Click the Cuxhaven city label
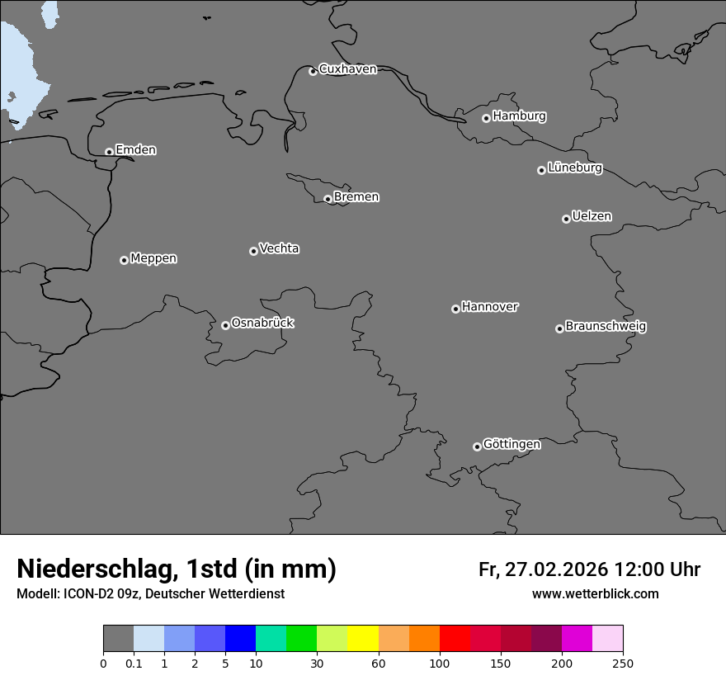[347, 69]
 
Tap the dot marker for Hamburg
[486, 118]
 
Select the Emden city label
[135, 150]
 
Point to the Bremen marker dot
[328, 199]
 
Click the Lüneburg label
[574, 168]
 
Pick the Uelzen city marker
[566, 219]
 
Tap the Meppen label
[153, 258]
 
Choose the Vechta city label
[279, 248]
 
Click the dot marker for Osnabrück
[225, 325]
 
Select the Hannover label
[489, 307]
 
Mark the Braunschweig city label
[606, 327]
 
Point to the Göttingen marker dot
[477, 446]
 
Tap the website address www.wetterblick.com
[595, 594]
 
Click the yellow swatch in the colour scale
[363, 639]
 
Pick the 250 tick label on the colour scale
[623, 663]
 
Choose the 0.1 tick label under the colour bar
[134, 663]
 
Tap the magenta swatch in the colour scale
[577, 639]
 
